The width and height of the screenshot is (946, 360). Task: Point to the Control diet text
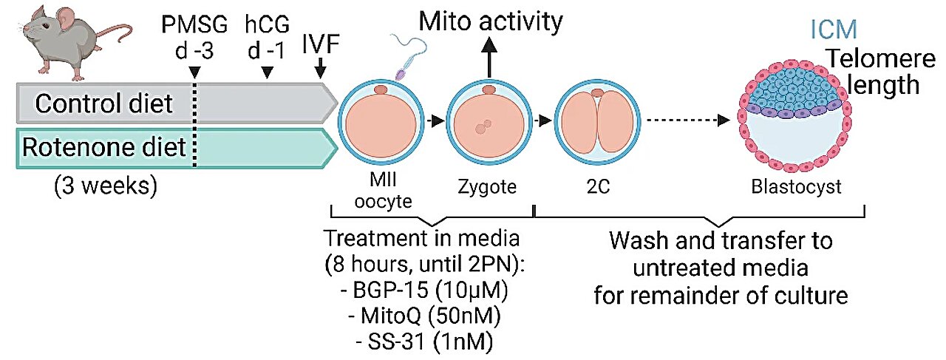click(x=104, y=103)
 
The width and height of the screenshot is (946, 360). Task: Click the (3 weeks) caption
click(x=106, y=186)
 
